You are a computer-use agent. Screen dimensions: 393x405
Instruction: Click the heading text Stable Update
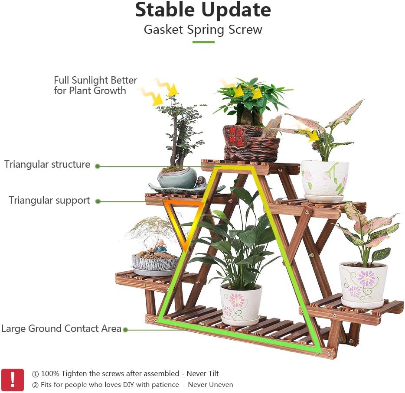click(203, 10)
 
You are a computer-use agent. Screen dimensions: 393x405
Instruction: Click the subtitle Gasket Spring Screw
click(203, 29)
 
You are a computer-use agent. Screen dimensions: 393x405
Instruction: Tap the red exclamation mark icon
click(13, 380)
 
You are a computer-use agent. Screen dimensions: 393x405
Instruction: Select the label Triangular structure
click(47, 165)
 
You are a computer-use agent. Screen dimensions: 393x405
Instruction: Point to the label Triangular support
click(49, 201)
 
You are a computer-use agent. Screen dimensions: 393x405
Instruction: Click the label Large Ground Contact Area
click(61, 329)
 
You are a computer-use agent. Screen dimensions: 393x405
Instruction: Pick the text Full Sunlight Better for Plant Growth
click(95, 85)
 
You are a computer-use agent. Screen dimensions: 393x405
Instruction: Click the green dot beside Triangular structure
click(98, 166)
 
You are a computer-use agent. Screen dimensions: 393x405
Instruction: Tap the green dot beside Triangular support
click(98, 201)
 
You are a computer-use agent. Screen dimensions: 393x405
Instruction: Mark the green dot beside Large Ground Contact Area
click(125, 330)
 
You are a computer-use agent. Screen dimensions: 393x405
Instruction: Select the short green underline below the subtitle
click(203, 42)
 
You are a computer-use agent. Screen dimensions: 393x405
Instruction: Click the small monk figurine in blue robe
click(161, 247)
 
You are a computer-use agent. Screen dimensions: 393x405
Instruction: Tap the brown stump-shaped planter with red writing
click(250, 143)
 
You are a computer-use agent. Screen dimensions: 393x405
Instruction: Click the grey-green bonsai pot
click(176, 178)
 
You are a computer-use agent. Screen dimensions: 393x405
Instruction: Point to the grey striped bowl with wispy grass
click(155, 263)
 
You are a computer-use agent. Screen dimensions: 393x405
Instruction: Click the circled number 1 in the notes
click(36, 374)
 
